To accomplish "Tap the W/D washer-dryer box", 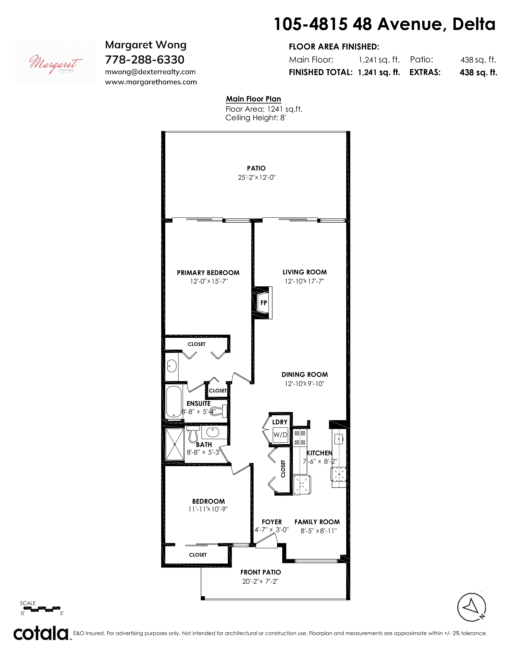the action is pyautogui.click(x=280, y=435).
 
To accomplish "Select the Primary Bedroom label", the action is pyautogui.click(x=208, y=273).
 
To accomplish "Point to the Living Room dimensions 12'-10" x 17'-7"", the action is pyautogui.click(x=304, y=281).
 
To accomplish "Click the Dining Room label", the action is pyautogui.click(x=305, y=374).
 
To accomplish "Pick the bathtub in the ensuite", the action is pyautogui.click(x=174, y=402).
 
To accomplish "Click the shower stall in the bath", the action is pyautogui.click(x=175, y=445).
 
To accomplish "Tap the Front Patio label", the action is pyautogui.click(x=260, y=572).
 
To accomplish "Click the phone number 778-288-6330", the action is pyautogui.click(x=145, y=60).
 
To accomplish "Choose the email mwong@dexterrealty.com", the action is pyautogui.click(x=150, y=72).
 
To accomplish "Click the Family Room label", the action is pyautogui.click(x=317, y=522).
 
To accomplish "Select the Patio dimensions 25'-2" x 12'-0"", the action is pyautogui.click(x=257, y=177).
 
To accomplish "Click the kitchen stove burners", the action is pyautogui.click(x=300, y=438).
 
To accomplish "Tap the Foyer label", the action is pyautogui.click(x=272, y=522).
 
